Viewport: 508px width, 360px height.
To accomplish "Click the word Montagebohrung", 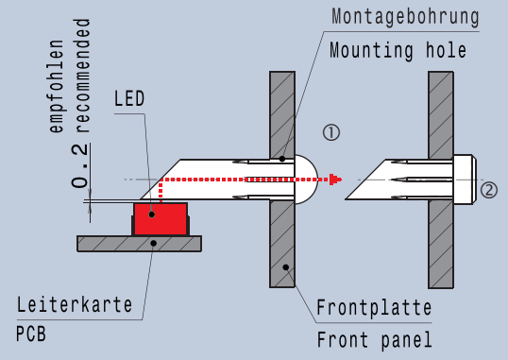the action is tap(405, 17).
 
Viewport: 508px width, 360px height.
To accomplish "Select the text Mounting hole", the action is tap(398, 51).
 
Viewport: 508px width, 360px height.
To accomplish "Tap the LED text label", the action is tap(129, 98).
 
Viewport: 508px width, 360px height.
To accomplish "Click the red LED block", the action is tap(161, 219).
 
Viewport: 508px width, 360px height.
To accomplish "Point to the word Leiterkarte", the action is tap(75, 304).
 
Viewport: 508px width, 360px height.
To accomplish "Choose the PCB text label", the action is tap(31, 334).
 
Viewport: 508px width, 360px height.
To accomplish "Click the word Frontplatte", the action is tap(374, 307).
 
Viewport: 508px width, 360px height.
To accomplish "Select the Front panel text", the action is tap(375, 340).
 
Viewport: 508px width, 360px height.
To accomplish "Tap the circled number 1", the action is tap(331, 132).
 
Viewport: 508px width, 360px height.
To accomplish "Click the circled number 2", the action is tap(488, 190).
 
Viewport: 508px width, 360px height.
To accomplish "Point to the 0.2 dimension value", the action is tap(80, 165).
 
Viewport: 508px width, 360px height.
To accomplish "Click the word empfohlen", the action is tap(56, 86).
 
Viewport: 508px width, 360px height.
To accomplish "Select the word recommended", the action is tap(82, 76).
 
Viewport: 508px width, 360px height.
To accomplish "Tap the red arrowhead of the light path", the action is tap(335, 180).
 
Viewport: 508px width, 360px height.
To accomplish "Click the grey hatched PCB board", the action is tap(140, 244).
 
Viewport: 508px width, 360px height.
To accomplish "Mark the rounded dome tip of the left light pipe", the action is tap(307, 180).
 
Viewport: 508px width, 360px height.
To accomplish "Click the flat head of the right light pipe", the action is tap(465, 180).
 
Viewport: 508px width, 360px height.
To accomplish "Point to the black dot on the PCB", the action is tap(154, 243).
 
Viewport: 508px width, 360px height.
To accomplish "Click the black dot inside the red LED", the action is tap(152, 214).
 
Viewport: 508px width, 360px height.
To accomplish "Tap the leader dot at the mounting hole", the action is tap(282, 159).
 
